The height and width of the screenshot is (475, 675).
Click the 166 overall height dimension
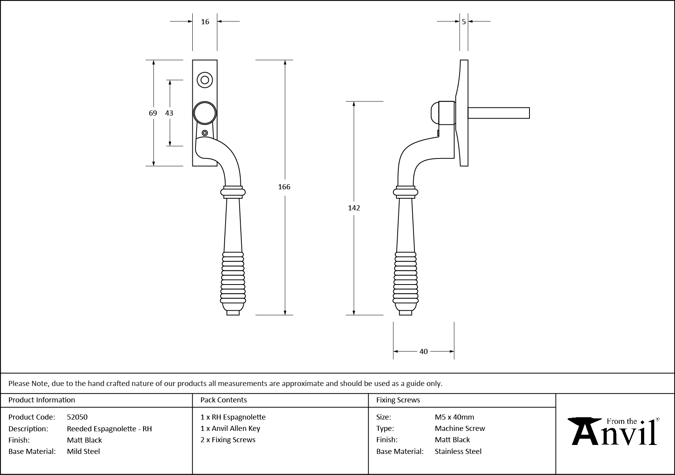pyautogui.click(x=284, y=187)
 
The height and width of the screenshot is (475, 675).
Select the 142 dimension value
pyautogui.click(x=354, y=208)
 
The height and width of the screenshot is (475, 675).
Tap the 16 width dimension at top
pyautogui.click(x=205, y=22)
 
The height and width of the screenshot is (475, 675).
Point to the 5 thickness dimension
pyautogui.click(x=464, y=22)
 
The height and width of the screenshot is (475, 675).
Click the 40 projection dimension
pyautogui.click(x=424, y=352)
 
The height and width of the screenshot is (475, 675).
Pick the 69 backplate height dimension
pyautogui.click(x=153, y=113)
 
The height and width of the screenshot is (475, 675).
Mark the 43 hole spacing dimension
pyautogui.click(x=169, y=113)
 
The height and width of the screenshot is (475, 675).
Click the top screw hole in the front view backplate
pyautogui.click(x=205, y=80)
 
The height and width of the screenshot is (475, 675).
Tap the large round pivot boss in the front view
pyautogui.click(x=205, y=113)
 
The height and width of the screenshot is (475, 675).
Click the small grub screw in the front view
pyautogui.click(x=205, y=133)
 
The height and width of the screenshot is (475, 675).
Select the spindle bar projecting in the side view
pyautogui.click(x=499, y=113)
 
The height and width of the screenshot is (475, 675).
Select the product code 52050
pyautogui.click(x=77, y=417)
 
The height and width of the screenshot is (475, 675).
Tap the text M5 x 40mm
pyautogui.click(x=455, y=417)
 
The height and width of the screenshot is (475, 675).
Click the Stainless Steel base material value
pyautogui.click(x=458, y=452)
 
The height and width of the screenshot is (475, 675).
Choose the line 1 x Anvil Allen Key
pyautogui.click(x=230, y=429)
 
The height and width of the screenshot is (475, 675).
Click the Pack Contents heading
pyautogui.click(x=224, y=400)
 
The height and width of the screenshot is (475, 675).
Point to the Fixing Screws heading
pyautogui.click(x=398, y=400)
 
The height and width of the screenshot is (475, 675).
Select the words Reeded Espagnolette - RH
pyautogui.click(x=109, y=429)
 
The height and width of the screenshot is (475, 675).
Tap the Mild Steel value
pyautogui.click(x=83, y=452)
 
